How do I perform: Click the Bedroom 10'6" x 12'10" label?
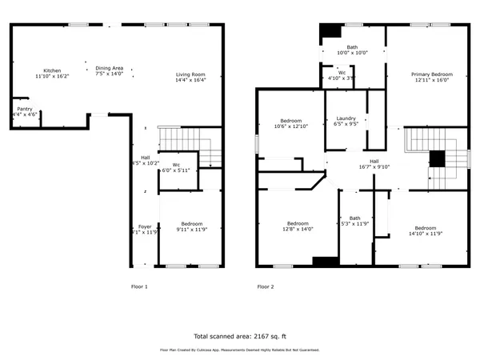(x=290, y=122)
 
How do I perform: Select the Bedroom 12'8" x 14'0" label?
(x=298, y=226)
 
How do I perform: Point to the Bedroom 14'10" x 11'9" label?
(x=425, y=230)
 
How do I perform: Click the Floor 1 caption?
(x=139, y=286)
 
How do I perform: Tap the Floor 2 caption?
(x=265, y=286)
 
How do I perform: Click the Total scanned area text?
(x=239, y=336)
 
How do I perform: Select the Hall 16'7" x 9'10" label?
(x=374, y=164)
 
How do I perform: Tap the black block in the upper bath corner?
(x=329, y=33)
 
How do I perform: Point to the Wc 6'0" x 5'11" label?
(x=176, y=167)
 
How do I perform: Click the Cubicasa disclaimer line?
(x=239, y=350)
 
